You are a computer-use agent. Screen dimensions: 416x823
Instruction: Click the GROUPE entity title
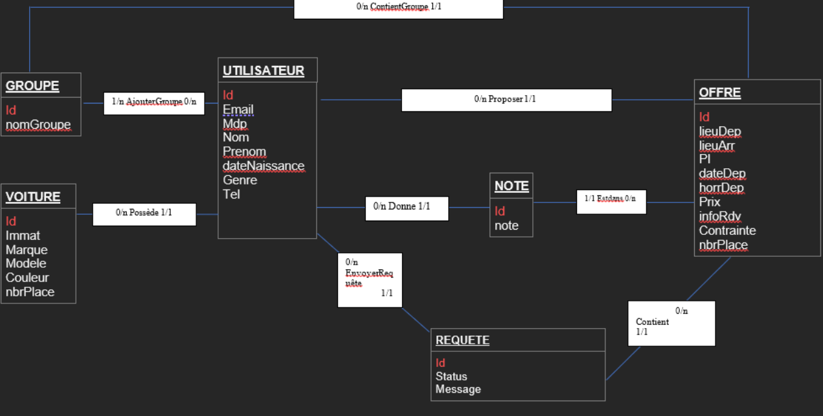(x=32, y=86)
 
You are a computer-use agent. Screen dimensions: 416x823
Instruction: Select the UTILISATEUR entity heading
(x=264, y=71)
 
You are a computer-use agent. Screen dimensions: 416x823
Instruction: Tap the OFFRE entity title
(x=720, y=93)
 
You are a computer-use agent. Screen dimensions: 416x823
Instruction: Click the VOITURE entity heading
(x=33, y=197)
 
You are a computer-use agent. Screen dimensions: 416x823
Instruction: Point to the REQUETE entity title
(x=462, y=340)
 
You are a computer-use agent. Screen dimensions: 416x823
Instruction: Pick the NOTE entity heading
(x=512, y=186)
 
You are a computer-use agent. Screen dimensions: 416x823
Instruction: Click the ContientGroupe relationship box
(x=398, y=7)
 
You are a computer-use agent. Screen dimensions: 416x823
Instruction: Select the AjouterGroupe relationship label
(x=154, y=102)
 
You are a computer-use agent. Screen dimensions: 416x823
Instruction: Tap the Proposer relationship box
(x=506, y=100)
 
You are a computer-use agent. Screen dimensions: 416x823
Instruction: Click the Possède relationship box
(x=144, y=213)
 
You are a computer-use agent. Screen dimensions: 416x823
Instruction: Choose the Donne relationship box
(x=406, y=208)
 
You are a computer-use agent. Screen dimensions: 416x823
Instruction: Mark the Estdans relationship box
(x=611, y=201)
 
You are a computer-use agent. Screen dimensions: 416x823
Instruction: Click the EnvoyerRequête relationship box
(x=370, y=279)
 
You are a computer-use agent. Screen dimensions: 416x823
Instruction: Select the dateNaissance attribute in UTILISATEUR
(x=264, y=166)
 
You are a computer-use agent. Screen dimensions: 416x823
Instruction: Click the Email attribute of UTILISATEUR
(x=238, y=110)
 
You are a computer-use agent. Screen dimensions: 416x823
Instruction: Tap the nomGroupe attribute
(x=38, y=125)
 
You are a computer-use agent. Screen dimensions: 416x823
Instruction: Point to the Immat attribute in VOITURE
(x=23, y=235)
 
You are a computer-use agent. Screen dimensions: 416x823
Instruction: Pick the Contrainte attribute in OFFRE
(x=727, y=231)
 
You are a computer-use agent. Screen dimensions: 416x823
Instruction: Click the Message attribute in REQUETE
(x=458, y=389)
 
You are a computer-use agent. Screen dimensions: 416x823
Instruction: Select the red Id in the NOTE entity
(x=500, y=212)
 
